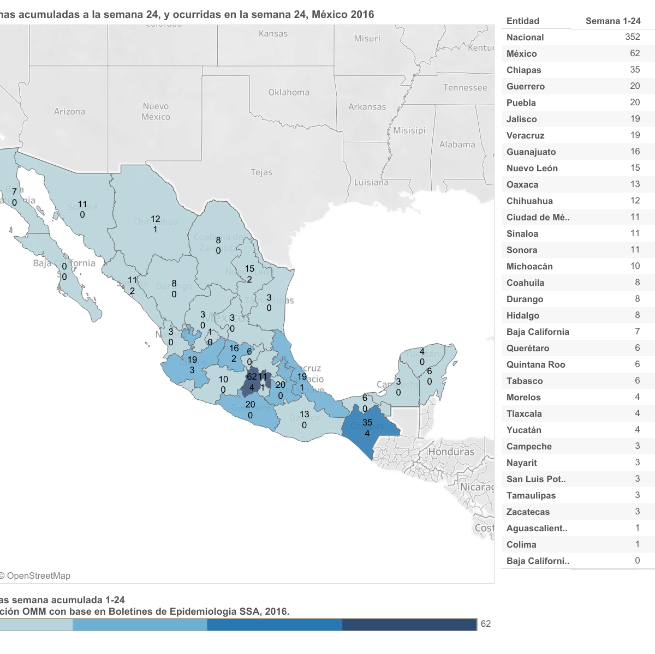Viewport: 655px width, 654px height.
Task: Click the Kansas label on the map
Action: (x=273, y=34)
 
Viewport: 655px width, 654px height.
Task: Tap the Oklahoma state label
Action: (x=289, y=93)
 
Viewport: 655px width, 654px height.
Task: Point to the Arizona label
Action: (x=69, y=112)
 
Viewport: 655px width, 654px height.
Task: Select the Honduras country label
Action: (x=451, y=452)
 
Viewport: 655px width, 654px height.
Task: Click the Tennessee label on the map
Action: (x=465, y=88)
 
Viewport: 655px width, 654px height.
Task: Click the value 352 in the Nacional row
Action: (x=633, y=37)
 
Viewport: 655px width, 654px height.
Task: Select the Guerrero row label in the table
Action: (x=526, y=86)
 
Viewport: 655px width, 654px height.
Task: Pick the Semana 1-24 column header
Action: (x=613, y=21)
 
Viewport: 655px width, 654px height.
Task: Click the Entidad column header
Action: (x=523, y=21)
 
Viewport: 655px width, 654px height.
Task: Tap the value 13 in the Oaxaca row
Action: (x=635, y=184)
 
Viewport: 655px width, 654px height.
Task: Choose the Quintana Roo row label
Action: (x=535, y=364)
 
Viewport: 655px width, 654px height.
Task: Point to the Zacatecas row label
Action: (x=528, y=512)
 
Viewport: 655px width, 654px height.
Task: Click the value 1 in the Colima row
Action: (x=637, y=544)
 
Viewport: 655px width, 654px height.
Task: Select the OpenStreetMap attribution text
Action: (x=37, y=575)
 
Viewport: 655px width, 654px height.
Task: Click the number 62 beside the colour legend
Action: (x=486, y=624)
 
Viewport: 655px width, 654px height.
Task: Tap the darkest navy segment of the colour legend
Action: (x=409, y=625)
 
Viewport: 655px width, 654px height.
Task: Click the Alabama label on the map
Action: (x=457, y=145)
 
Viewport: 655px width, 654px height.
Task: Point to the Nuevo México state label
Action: (x=156, y=111)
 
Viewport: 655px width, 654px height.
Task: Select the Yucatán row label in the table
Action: (x=523, y=430)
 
